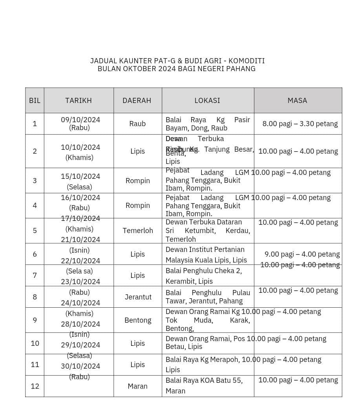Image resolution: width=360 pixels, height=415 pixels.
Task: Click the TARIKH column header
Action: (x=79, y=101)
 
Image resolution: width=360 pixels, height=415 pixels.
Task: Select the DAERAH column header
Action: (x=137, y=101)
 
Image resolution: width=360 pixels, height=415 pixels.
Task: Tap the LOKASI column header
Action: (x=207, y=101)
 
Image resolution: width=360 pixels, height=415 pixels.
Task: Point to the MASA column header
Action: (x=297, y=101)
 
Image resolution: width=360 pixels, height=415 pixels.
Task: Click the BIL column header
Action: (x=35, y=101)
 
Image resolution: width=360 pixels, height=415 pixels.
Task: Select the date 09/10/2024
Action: (x=80, y=119)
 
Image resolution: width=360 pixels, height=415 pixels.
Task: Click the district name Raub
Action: (x=137, y=124)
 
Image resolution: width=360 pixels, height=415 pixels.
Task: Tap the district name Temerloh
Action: (x=138, y=231)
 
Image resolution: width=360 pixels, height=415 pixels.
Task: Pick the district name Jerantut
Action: (x=138, y=297)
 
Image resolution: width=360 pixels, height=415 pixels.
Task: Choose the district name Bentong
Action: (x=138, y=320)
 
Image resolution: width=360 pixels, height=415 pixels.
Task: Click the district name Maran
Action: (x=137, y=386)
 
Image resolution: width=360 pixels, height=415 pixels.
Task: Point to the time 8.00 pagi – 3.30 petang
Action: (x=300, y=124)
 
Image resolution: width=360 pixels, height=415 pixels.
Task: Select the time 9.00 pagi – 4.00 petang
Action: (x=302, y=254)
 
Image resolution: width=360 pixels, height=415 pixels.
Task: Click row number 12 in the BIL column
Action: (x=35, y=386)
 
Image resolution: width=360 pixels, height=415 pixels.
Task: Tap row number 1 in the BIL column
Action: (x=35, y=124)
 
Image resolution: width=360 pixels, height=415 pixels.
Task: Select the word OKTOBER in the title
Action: (x=140, y=69)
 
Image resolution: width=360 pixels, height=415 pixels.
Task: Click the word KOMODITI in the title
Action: (x=247, y=61)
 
